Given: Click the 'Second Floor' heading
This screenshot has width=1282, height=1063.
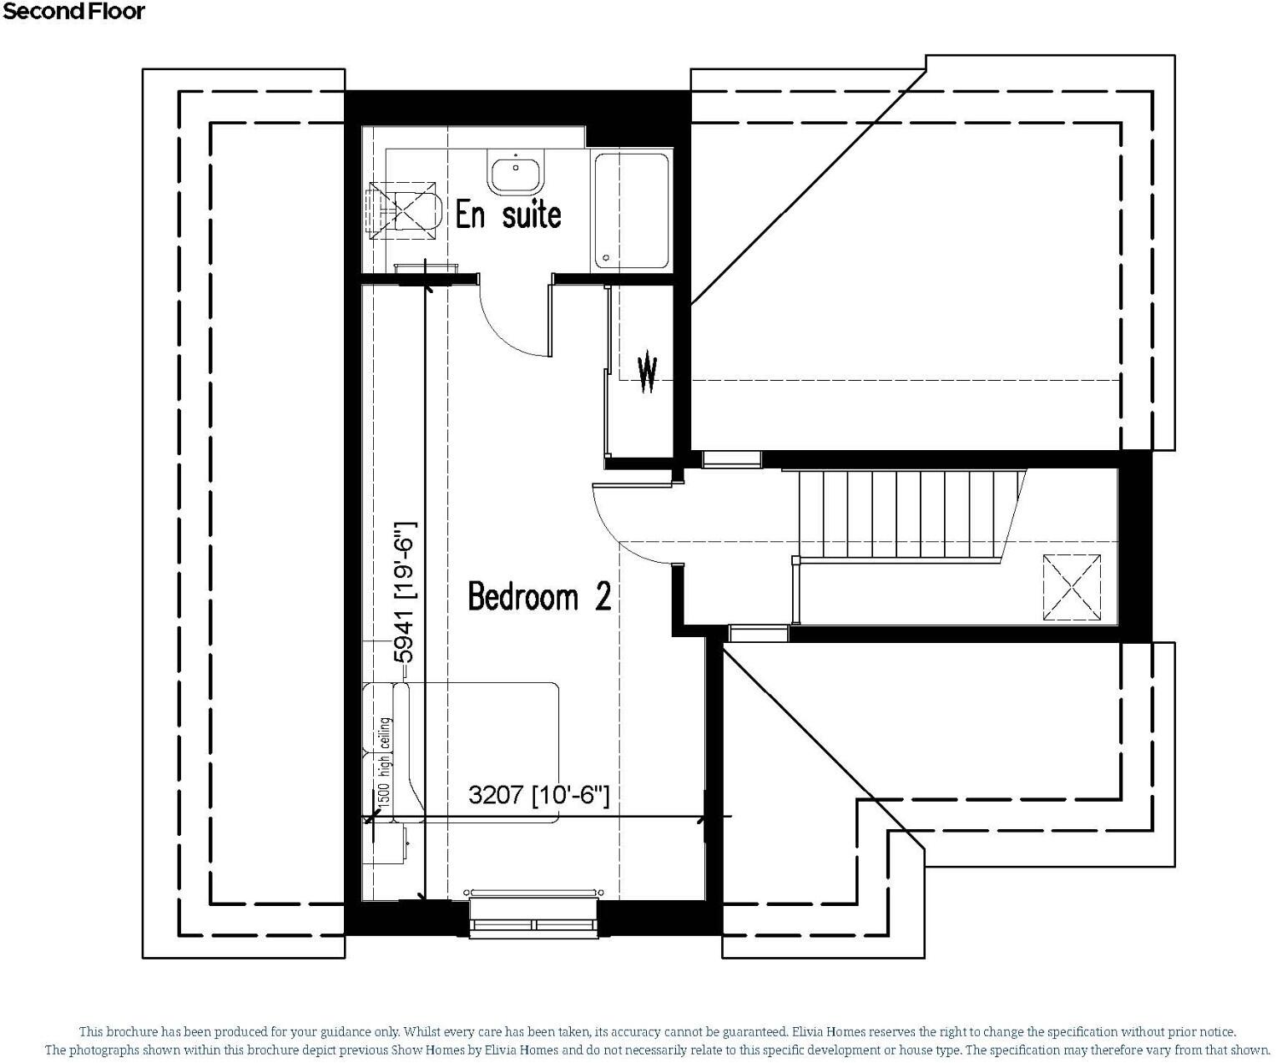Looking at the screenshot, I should pyautogui.click(x=73, y=12).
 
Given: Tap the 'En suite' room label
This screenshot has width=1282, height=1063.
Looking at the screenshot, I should pyautogui.click(x=507, y=215).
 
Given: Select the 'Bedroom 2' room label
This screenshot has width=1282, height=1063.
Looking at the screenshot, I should pyautogui.click(x=539, y=596).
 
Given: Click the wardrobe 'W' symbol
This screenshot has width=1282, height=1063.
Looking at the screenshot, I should pyautogui.click(x=648, y=373).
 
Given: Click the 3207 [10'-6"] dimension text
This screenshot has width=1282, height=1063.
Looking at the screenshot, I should pyautogui.click(x=538, y=794).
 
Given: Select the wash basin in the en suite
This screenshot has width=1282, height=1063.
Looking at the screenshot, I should pyautogui.click(x=516, y=172).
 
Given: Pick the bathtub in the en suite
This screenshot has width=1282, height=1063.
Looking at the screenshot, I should pyautogui.click(x=631, y=212).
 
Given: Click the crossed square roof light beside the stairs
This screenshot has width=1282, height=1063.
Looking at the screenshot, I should pyautogui.click(x=1072, y=587).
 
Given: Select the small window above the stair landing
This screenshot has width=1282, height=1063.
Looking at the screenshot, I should pyautogui.click(x=731, y=458).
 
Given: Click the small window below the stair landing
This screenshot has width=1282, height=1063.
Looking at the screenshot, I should pyautogui.click(x=758, y=633).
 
